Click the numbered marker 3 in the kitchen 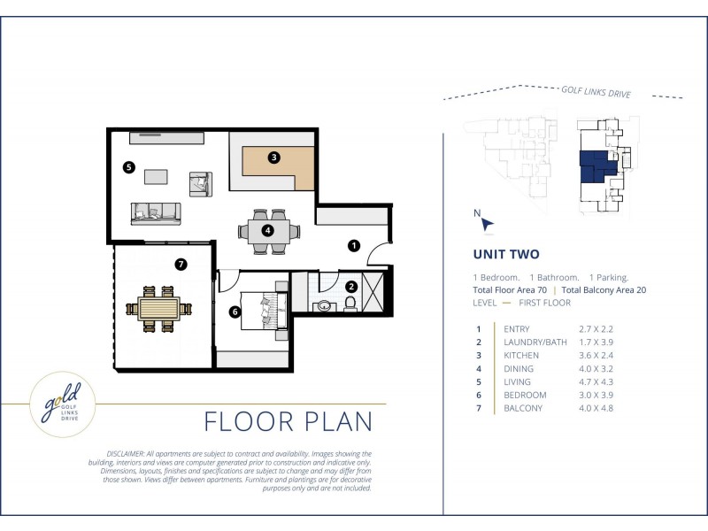point(273,158)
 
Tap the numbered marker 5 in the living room point(129,167)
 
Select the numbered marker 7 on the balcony point(181,264)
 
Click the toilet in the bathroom point(350,304)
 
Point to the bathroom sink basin point(325,305)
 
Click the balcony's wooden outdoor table point(159,309)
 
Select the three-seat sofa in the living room point(156,213)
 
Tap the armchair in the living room point(201,184)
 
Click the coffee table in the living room point(156,176)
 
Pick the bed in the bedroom point(264,312)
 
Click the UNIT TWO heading point(506,254)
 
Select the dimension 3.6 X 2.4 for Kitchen point(596,356)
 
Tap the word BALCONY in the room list point(523,408)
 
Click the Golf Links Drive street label point(596,92)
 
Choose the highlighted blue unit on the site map point(596,166)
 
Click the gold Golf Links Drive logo point(63,404)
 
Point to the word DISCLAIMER point(126,454)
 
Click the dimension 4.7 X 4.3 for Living point(596,382)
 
